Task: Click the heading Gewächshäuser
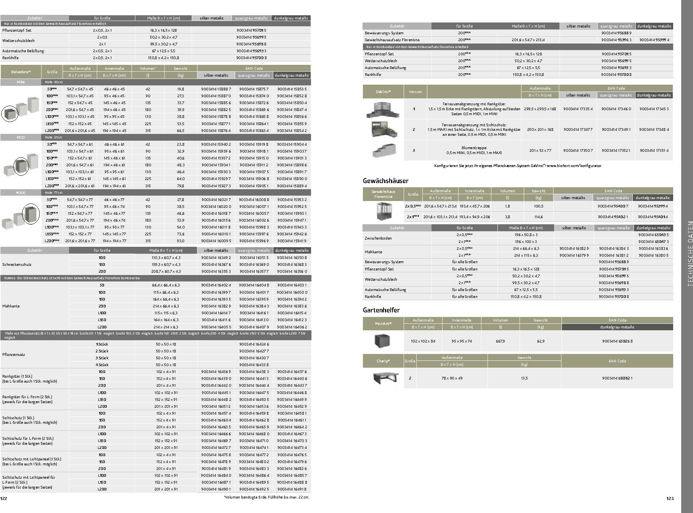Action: [x=385, y=181]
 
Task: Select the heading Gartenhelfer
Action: [x=381, y=310]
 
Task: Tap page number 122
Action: [x=4, y=498]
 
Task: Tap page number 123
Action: [x=670, y=499]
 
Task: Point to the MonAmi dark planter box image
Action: [x=383, y=341]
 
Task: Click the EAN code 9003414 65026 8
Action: [x=617, y=341]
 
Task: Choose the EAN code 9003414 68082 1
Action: [x=617, y=378]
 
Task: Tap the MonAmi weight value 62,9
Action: [x=541, y=341]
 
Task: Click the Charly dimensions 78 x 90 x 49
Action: [x=452, y=378]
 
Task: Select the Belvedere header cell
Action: [x=21, y=72]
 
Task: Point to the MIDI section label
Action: [x=21, y=137]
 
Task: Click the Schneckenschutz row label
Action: [x=17, y=264]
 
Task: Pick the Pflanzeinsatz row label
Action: [x=14, y=354]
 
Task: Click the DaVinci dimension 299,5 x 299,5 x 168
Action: [x=540, y=109]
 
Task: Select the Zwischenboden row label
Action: [x=378, y=238]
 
